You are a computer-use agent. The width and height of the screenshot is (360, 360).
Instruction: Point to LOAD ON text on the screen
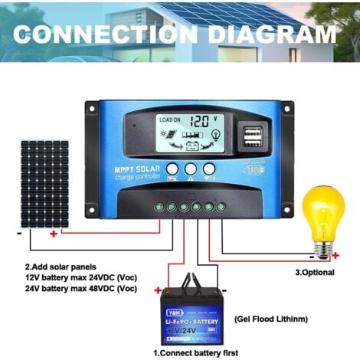click(x=169, y=120)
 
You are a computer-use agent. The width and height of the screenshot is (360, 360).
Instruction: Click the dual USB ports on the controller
click(x=250, y=136)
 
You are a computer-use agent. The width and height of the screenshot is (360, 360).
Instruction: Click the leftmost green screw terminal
click(x=159, y=206)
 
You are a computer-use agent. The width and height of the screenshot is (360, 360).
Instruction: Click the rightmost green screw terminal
click(x=221, y=206)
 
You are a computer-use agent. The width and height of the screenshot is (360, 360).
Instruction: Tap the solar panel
click(x=44, y=183)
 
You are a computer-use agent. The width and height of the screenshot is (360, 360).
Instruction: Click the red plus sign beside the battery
click(x=158, y=290)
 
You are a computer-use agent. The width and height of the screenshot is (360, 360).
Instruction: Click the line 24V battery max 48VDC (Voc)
click(x=80, y=288)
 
